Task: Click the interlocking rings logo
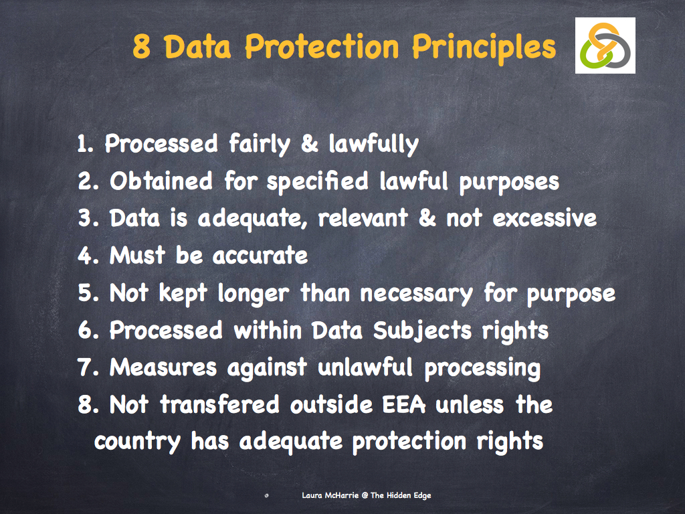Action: (x=605, y=46)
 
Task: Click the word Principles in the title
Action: (x=484, y=47)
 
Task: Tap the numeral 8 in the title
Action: (x=141, y=47)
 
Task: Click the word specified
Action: (x=317, y=182)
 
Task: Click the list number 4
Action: (x=85, y=255)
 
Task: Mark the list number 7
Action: (x=85, y=367)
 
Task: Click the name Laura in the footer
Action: (x=312, y=496)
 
